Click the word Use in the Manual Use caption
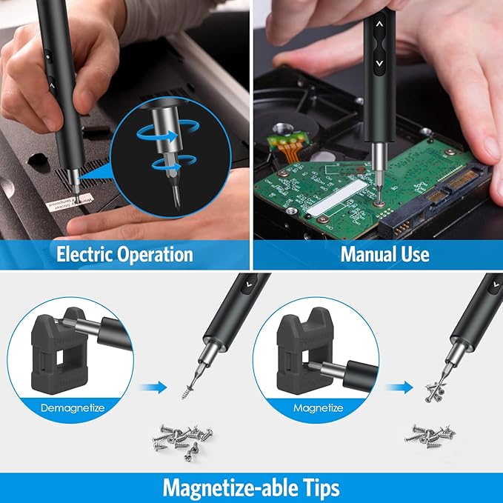tap(416, 255)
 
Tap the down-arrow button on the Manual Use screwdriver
tap(379, 64)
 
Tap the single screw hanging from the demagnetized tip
tap(184, 388)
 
